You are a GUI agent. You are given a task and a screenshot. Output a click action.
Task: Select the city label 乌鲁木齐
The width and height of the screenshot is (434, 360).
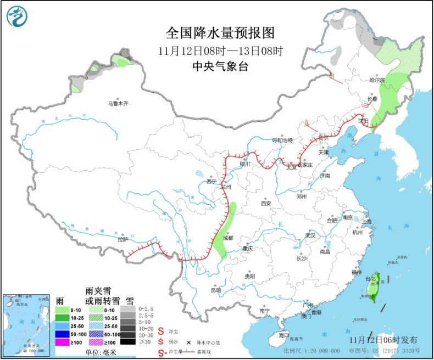pos(118,103)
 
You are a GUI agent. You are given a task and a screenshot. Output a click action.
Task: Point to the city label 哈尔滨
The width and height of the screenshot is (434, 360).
pos(377,81)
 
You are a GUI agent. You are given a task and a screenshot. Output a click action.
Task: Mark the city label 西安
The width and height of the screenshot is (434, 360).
pos(266,203)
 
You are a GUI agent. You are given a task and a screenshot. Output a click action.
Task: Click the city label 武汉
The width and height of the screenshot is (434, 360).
pos(310,235)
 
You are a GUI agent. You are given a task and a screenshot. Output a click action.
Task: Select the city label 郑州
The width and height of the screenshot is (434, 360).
pos(302,196)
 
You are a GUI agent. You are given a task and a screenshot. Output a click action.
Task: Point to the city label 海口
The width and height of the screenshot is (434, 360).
pos(283,335)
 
